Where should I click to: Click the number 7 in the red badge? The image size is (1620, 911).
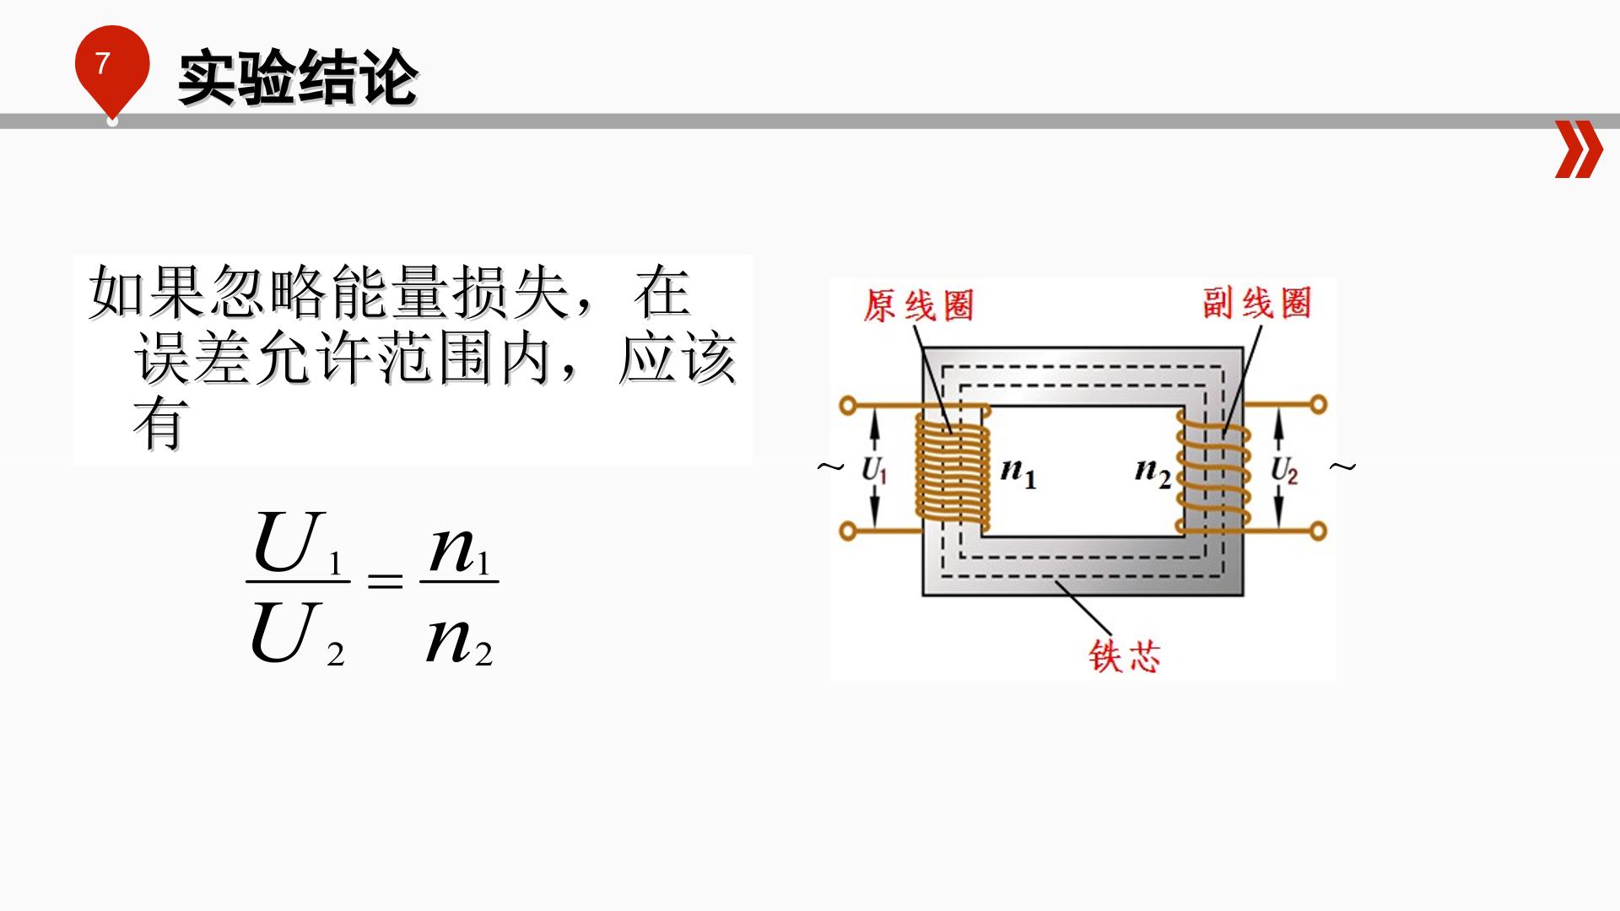[x=103, y=63]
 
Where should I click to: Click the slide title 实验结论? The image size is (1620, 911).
[x=298, y=78]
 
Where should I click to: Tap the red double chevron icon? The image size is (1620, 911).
[x=1578, y=149]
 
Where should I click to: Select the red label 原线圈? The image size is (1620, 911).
[x=918, y=305]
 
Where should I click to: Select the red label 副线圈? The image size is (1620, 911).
[x=1257, y=303]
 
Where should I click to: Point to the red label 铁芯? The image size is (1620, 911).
[x=1125, y=656]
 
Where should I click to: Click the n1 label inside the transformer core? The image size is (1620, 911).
[x=1018, y=472]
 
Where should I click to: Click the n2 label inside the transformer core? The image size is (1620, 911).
[x=1153, y=472]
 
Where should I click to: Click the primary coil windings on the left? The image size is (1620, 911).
[x=950, y=470]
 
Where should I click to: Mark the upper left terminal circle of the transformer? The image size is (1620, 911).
[x=849, y=406]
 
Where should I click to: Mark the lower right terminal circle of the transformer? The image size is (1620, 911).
[x=1317, y=531]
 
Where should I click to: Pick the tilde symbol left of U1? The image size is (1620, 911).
[x=830, y=466]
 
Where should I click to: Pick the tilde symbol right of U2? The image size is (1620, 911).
[x=1342, y=466]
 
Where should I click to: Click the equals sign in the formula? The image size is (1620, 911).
[x=386, y=580]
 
